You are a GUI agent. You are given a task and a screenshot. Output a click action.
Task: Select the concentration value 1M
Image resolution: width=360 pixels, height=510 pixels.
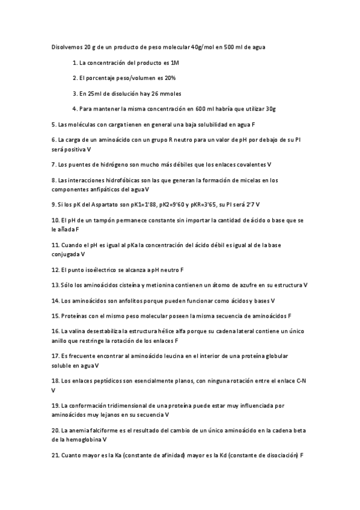point(175,63)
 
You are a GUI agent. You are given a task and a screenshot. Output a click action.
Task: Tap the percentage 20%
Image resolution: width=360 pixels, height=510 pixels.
point(169,78)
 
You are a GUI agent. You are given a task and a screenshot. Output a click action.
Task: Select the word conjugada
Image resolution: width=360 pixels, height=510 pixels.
point(66,254)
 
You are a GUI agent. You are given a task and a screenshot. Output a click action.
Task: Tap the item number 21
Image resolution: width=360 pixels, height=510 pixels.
point(56,455)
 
